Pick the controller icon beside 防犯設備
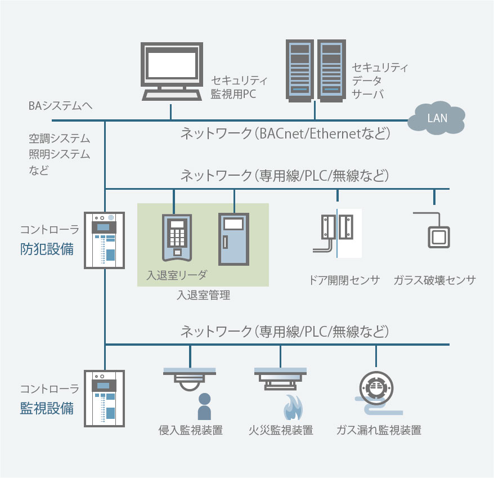(104, 239)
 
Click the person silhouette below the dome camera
(204, 407)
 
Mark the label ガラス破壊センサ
(435, 280)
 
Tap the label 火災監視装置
(280, 431)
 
